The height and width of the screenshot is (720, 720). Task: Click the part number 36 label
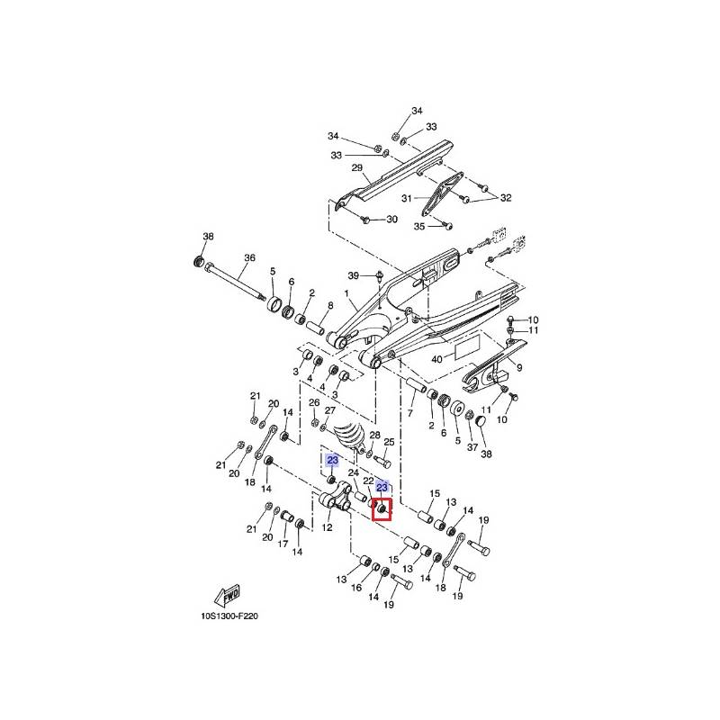250,258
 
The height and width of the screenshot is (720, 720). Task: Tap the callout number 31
406,198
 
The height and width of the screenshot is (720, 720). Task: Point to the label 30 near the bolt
391,220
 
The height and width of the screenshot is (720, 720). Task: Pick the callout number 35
418,227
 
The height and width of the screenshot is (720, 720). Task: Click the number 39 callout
354,274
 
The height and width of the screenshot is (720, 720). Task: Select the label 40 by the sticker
436,360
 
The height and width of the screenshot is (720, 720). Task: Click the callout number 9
518,367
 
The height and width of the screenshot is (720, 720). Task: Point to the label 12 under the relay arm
328,527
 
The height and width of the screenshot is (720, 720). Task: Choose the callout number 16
356,588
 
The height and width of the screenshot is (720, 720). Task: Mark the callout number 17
283,544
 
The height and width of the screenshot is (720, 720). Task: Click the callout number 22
368,481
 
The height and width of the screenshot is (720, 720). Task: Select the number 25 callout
390,443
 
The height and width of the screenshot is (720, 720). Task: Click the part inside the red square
381,511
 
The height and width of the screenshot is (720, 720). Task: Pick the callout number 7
409,413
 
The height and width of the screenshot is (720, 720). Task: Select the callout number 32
506,198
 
